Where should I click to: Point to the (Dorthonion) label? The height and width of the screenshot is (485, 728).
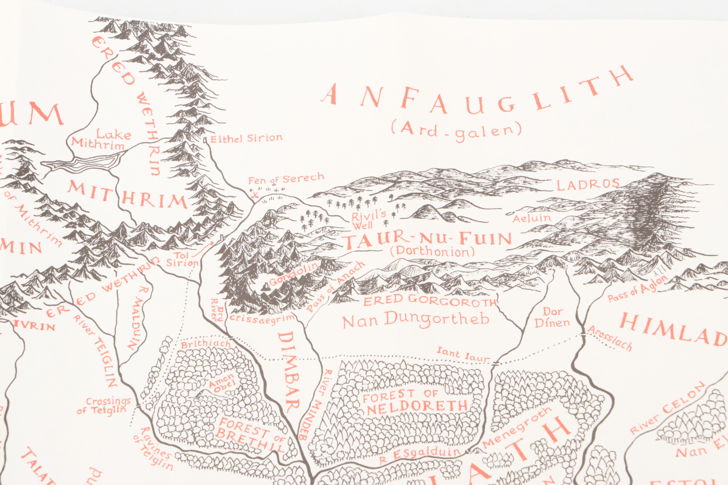(x=432, y=251)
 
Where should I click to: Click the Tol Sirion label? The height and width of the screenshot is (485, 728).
(x=182, y=259)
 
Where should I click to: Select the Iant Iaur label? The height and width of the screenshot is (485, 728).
(x=463, y=355)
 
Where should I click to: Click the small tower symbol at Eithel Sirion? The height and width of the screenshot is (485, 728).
(x=205, y=140)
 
